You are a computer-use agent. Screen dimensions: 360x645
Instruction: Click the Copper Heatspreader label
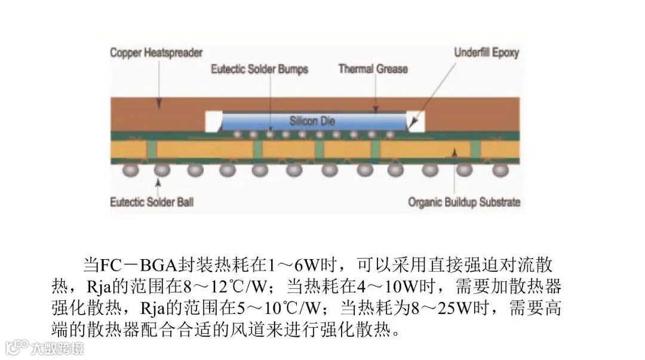click(x=156, y=53)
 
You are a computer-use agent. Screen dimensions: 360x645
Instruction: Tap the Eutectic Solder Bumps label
click(x=259, y=69)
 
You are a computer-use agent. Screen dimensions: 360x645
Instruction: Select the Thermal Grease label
click(x=373, y=69)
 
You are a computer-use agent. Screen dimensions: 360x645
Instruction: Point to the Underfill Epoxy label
click(x=486, y=53)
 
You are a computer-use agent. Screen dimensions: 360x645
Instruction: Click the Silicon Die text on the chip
click(x=312, y=121)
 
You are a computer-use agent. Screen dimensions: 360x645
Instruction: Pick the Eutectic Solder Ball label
click(x=152, y=202)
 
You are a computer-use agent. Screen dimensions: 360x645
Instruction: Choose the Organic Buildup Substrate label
click(x=464, y=202)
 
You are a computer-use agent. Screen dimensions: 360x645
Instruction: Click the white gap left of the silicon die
click(x=213, y=121)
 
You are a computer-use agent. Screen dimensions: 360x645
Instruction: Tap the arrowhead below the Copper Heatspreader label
click(x=159, y=103)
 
